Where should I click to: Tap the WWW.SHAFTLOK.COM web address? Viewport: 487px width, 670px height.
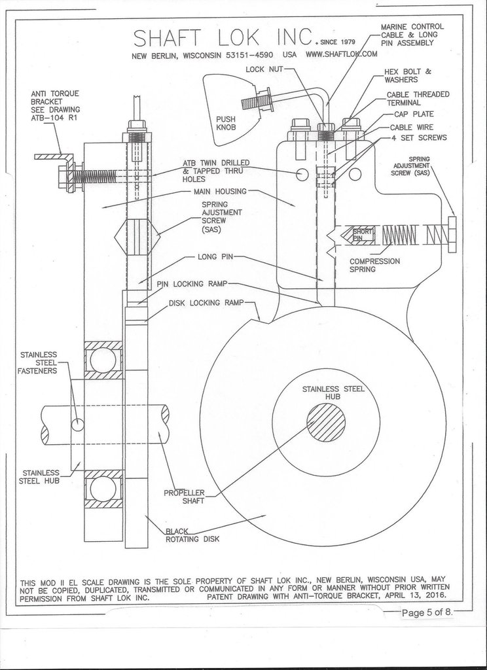point(341,54)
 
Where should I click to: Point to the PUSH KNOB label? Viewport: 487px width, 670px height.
point(226,123)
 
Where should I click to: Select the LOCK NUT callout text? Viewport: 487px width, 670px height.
point(264,69)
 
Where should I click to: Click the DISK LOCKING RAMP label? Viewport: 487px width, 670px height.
point(206,304)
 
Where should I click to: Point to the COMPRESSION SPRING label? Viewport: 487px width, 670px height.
point(374,264)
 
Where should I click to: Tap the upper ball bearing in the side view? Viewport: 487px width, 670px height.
point(102,360)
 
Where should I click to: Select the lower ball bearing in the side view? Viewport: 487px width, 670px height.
point(102,489)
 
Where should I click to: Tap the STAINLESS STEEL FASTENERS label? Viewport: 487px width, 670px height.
point(41,362)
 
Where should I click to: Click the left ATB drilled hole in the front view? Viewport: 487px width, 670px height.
point(302,175)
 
